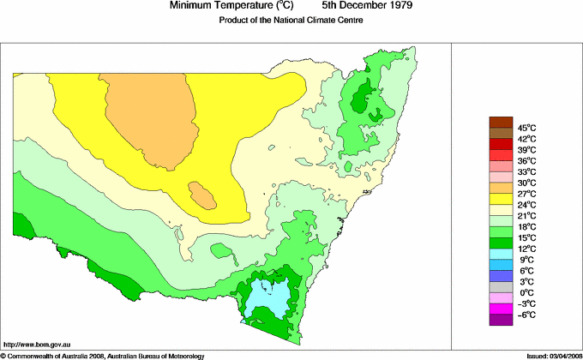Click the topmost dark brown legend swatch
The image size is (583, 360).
(501, 122)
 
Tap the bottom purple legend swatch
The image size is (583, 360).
(501, 320)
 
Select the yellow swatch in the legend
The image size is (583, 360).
(501, 199)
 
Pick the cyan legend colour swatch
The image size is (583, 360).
(501, 254)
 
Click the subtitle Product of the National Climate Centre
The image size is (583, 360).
(291, 21)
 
